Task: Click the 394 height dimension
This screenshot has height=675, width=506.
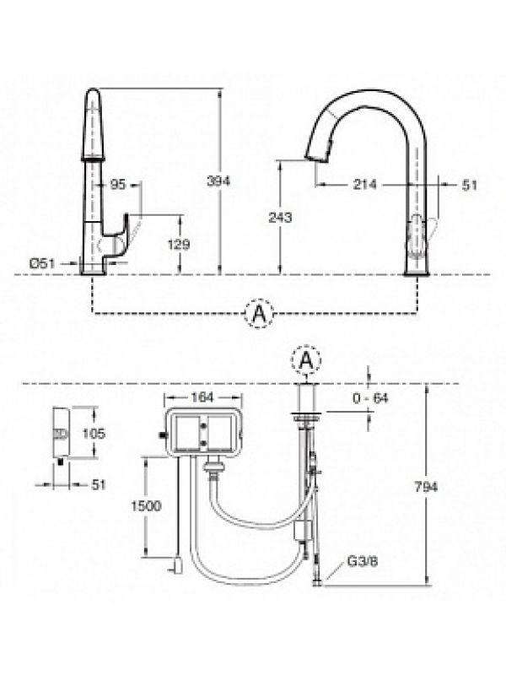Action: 218,181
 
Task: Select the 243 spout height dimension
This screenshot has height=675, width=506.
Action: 280,218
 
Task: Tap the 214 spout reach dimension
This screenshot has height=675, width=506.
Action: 364,185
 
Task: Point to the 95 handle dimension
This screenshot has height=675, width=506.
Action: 117,184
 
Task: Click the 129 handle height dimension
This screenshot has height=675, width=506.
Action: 178,245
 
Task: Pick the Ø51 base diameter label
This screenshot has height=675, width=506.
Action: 42,263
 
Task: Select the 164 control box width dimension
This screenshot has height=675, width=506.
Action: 202,397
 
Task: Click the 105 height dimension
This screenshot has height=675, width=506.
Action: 93,433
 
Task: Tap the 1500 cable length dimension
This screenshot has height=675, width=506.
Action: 146,505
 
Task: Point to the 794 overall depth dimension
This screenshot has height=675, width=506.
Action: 426,487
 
